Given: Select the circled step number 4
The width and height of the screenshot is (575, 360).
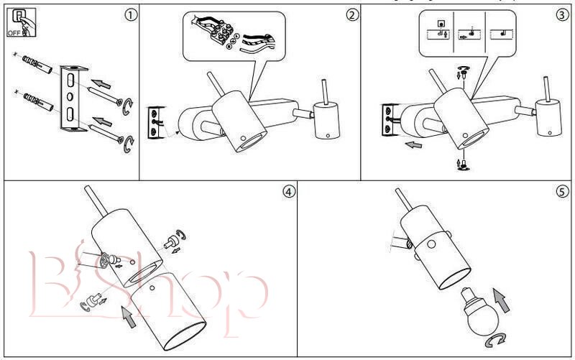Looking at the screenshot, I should pos(288,192).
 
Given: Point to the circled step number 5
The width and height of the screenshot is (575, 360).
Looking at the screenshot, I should pos(561,192).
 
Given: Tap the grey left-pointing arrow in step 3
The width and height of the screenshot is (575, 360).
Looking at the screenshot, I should pos(413,144).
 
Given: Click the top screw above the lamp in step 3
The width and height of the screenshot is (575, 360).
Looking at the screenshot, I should pos(463,70).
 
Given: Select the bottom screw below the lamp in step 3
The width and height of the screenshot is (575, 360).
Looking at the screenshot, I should pos(464,165).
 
